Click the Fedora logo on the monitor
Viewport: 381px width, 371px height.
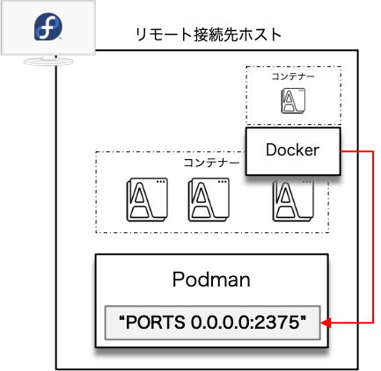pyautogui.click(x=48, y=26)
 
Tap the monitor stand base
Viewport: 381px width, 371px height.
pyautogui.click(x=48, y=61)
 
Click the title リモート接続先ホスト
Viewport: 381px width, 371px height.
pyautogui.click(x=209, y=34)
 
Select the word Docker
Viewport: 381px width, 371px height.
pyautogui.click(x=292, y=150)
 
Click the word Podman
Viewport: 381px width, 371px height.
pyautogui.click(x=211, y=280)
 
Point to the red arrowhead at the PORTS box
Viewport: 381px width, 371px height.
pyautogui.click(x=326, y=323)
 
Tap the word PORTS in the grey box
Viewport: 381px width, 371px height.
pyautogui.click(x=156, y=323)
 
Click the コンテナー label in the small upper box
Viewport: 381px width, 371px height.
pyautogui.click(x=293, y=76)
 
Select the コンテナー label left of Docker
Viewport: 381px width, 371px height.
pyautogui.click(x=211, y=163)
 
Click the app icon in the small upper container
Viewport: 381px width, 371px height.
pyautogui.click(x=293, y=100)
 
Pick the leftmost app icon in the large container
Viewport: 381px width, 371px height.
pyautogui.click(x=147, y=200)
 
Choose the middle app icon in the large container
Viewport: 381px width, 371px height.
pyautogui.click(x=209, y=200)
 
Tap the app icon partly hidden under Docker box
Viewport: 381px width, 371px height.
pyautogui.click(x=293, y=200)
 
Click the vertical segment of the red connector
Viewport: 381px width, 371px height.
pyautogui.click(x=373, y=237)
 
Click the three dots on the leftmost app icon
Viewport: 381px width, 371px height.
pyautogui.click(x=160, y=182)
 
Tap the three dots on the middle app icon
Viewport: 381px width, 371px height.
pyautogui.click(x=222, y=182)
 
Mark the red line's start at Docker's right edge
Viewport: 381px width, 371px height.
pyautogui.click(x=341, y=151)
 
